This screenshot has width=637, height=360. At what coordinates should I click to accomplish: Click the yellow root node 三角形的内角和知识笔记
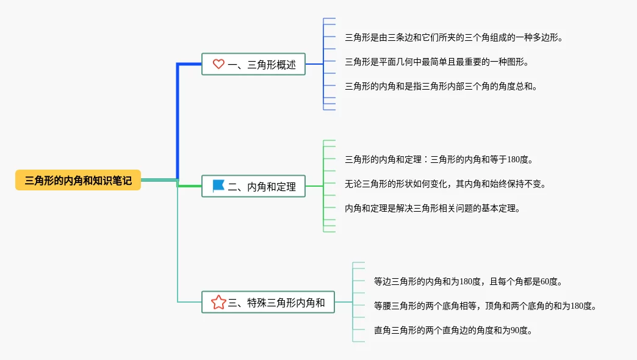click(78, 180)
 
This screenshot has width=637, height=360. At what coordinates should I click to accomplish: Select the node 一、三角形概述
click(253, 64)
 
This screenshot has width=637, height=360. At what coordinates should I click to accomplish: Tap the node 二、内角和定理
click(253, 186)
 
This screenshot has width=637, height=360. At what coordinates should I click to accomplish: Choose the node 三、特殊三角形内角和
click(268, 302)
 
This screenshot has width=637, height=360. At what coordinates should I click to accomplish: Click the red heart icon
click(218, 64)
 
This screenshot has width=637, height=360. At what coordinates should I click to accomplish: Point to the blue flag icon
click(218, 185)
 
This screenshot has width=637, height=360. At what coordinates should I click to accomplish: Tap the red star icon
click(218, 302)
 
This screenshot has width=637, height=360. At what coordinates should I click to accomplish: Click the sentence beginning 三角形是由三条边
click(454, 37)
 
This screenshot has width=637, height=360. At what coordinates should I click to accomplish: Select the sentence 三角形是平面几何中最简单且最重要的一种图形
click(437, 62)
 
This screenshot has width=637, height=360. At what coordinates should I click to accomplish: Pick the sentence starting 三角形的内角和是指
click(441, 86)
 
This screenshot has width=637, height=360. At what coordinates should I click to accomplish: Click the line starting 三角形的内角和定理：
click(439, 159)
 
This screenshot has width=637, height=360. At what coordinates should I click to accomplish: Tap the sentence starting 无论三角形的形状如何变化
click(445, 184)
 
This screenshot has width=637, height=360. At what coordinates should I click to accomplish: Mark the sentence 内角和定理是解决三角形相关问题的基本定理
click(433, 208)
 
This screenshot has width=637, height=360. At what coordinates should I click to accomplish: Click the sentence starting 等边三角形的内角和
click(468, 281)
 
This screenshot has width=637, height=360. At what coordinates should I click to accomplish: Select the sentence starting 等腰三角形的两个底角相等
click(485, 306)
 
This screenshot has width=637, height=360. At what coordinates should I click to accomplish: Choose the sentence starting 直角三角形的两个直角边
click(453, 330)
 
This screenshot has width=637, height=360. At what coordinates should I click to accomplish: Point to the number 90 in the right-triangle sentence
click(515, 330)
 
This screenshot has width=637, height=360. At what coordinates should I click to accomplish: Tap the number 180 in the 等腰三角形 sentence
click(577, 306)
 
